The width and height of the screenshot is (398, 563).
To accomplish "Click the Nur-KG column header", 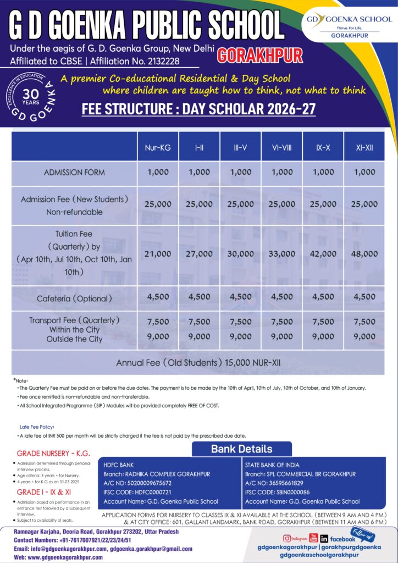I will coord(158,148).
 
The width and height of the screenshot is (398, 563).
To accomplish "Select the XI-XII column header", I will coord(364,148).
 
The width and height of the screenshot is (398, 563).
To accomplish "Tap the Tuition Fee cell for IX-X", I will coord(323,254).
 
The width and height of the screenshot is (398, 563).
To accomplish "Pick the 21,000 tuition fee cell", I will coord(158,254).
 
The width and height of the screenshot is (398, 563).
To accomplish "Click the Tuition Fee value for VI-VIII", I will coord(282,254).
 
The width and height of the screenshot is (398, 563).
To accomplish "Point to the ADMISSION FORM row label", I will coord(74,173).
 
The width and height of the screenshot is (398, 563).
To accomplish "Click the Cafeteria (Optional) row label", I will coord(74,299).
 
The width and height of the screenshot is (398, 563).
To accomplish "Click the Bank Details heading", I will coord(241,449).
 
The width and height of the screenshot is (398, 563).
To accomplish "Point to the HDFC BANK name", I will coord(118,465).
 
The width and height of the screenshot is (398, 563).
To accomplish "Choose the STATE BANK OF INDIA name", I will coord(273,465).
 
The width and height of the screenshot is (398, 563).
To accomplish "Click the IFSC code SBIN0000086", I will coord(287,492).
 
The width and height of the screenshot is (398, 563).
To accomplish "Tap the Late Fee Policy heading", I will coord(37,427).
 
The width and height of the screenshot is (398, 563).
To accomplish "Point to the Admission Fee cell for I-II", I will coord(199,204).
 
